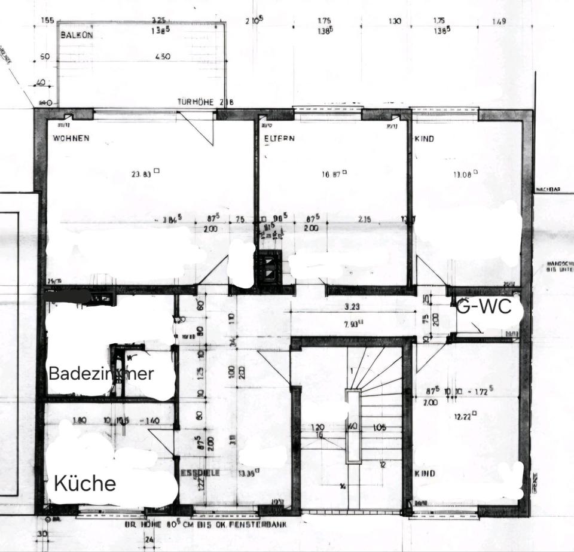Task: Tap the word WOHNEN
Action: [x=71, y=138]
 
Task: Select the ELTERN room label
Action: [x=280, y=138]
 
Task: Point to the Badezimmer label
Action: [x=101, y=374]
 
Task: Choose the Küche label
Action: [x=85, y=483]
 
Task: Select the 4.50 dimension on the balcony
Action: [x=162, y=57]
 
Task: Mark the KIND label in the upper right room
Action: [x=424, y=138]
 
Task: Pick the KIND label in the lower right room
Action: [x=424, y=473]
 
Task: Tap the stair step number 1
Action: [x=352, y=371]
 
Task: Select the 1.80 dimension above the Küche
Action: [x=80, y=420]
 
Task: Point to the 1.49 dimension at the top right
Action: [x=499, y=21]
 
